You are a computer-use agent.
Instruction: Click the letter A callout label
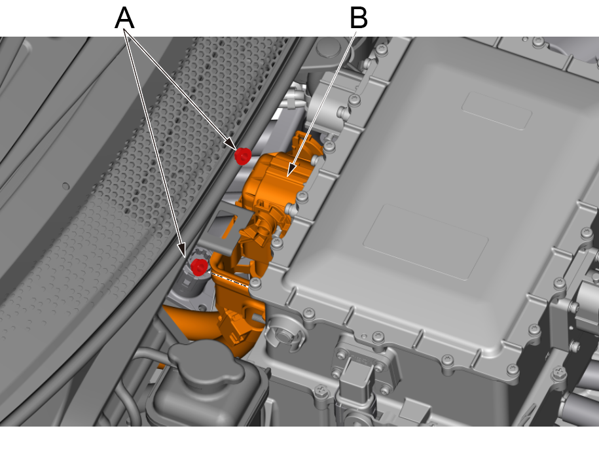124,18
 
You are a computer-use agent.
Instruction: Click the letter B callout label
359,18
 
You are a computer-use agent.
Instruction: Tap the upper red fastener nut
243,156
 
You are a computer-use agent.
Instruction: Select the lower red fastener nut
199,266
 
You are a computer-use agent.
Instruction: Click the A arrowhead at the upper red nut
231,143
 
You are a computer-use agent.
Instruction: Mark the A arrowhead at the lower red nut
182,250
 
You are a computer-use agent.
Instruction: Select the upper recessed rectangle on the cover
497,111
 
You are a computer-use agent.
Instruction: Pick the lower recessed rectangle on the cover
426,242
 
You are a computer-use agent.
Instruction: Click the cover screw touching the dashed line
255,283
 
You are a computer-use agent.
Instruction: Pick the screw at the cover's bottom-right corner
513,369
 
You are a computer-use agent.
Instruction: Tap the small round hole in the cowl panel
65,186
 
